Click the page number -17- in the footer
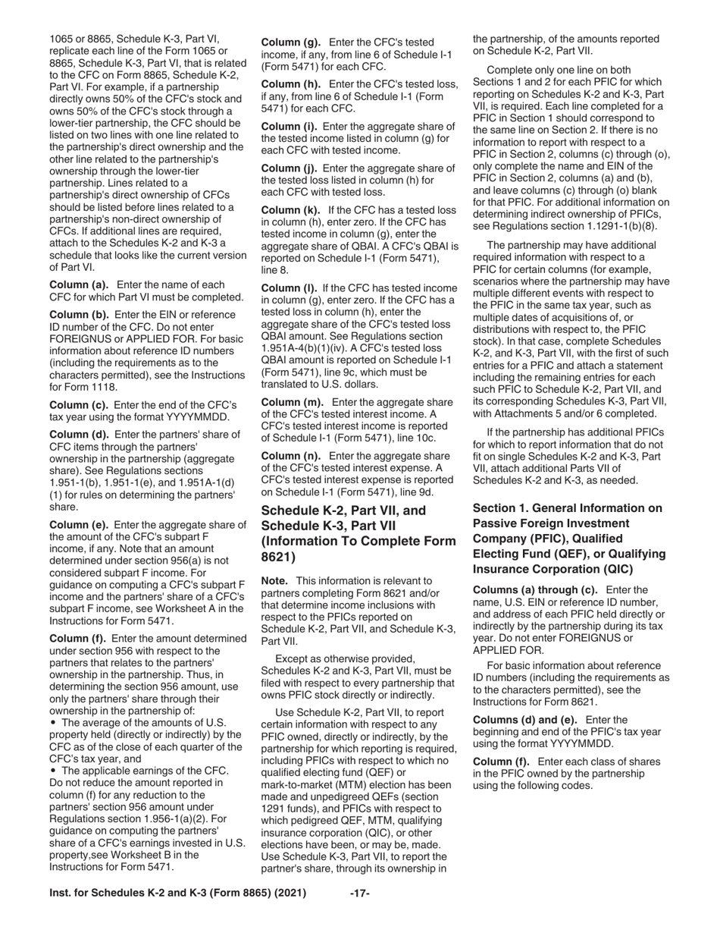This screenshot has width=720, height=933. click(x=360, y=893)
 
